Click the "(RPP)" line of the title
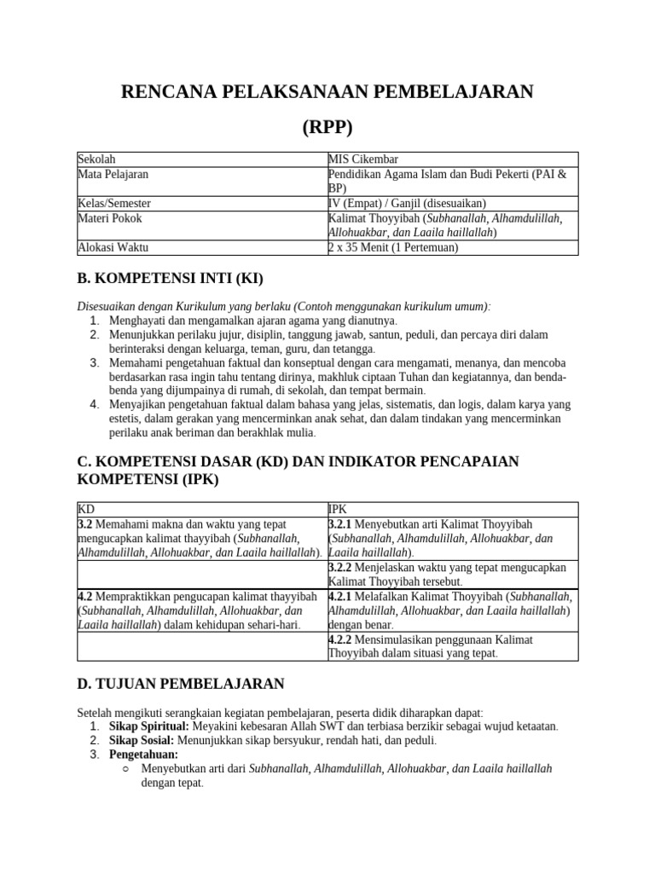(x=327, y=127)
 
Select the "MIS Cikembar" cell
(x=362, y=159)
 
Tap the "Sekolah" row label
(x=96, y=159)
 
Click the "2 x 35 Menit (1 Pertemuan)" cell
(x=393, y=247)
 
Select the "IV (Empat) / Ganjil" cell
(x=407, y=204)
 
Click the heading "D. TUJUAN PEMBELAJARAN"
(x=181, y=684)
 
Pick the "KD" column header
(x=85, y=508)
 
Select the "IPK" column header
(x=338, y=508)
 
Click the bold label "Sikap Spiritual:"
(x=148, y=726)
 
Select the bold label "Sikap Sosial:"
(x=142, y=740)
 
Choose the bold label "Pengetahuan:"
(x=143, y=754)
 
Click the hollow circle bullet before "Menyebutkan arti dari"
(x=125, y=768)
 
